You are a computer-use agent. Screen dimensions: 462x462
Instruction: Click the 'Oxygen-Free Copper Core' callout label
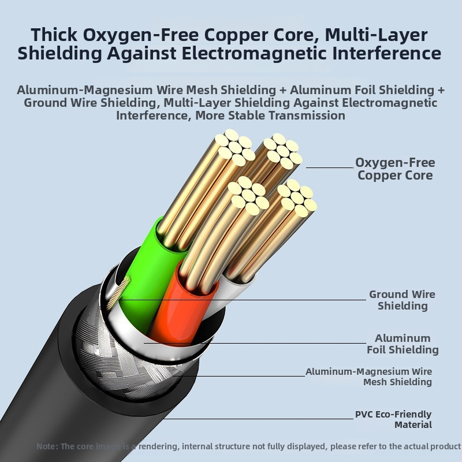395,169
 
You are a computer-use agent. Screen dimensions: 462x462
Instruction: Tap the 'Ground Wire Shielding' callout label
402,300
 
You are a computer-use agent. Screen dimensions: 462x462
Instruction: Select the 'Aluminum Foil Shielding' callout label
403,344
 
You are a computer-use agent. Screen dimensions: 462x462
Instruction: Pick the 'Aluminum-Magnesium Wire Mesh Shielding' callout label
368,377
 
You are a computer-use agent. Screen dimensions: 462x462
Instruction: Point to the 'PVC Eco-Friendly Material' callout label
393,419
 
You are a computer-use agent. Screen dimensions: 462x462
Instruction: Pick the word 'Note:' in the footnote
47,446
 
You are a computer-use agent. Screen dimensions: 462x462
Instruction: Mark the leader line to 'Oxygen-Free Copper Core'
329,167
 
